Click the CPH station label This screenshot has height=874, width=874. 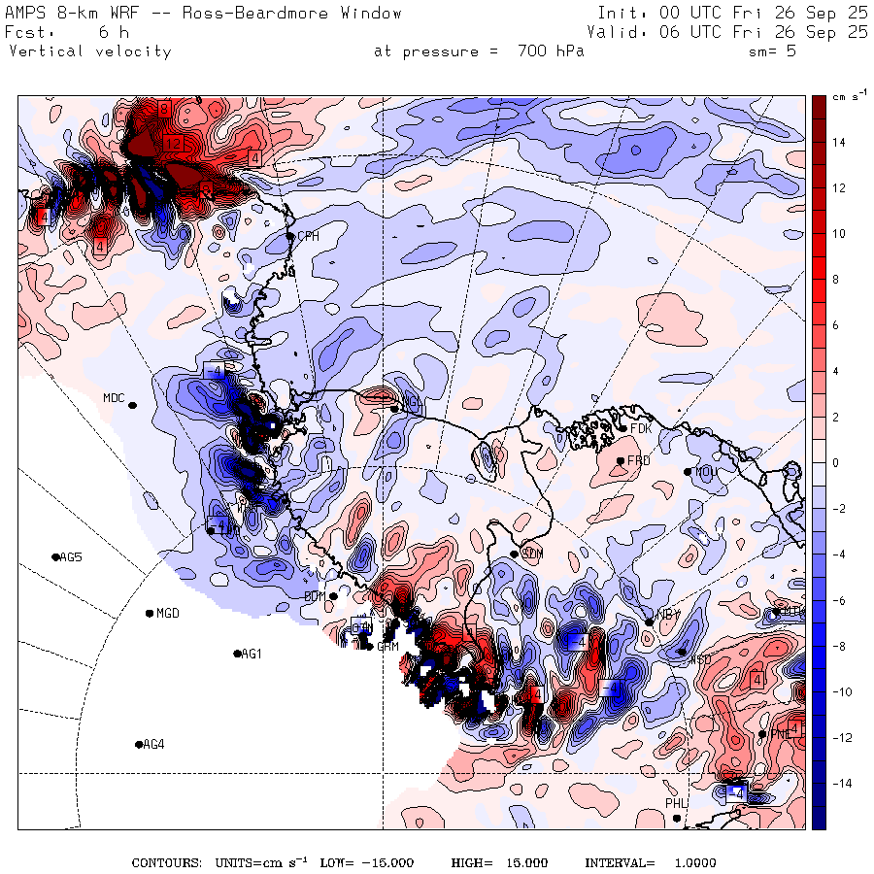pyautogui.click(x=308, y=236)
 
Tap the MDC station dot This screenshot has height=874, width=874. pyautogui.click(x=132, y=405)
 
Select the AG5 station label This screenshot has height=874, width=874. pyautogui.click(x=71, y=557)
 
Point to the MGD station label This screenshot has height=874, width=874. pyautogui.click(x=168, y=614)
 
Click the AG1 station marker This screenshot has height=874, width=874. pyautogui.click(x=238, y=654)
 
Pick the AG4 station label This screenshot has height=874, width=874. pyautogui.click(x=153, y=745)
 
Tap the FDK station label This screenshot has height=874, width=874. pyautogui.click(x=640, y=428)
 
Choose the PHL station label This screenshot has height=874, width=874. pyautogui.click(x=676, y=804)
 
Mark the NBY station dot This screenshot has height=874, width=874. pyautogui.click(x=649, y=622)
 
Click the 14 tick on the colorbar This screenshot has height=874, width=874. pyautogui.click(x=837, y=143)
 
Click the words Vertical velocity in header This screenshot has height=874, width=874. pyautogui.click(x=89, y=51)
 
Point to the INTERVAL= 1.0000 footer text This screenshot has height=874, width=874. pyautogui.click(x=650, y=863)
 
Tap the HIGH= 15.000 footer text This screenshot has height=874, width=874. pyautogui.click(x=499, y=863)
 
